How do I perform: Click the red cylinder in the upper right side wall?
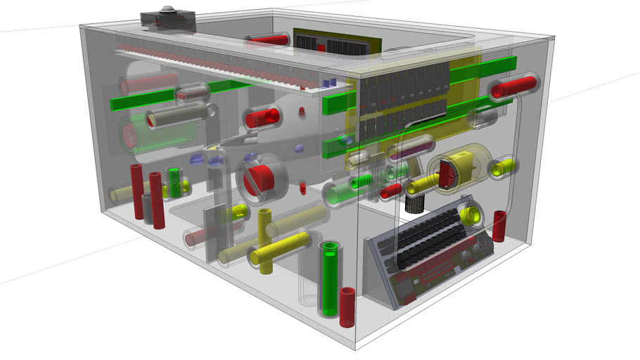(512, 87)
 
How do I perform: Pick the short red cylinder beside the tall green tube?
(347, 307)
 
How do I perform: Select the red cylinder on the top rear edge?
(268, 41)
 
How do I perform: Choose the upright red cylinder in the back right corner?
(499, 226)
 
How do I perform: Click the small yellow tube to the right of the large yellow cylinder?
(501, 167)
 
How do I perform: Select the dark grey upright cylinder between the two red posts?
(148, 208)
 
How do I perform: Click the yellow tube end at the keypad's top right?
(472, 214)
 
